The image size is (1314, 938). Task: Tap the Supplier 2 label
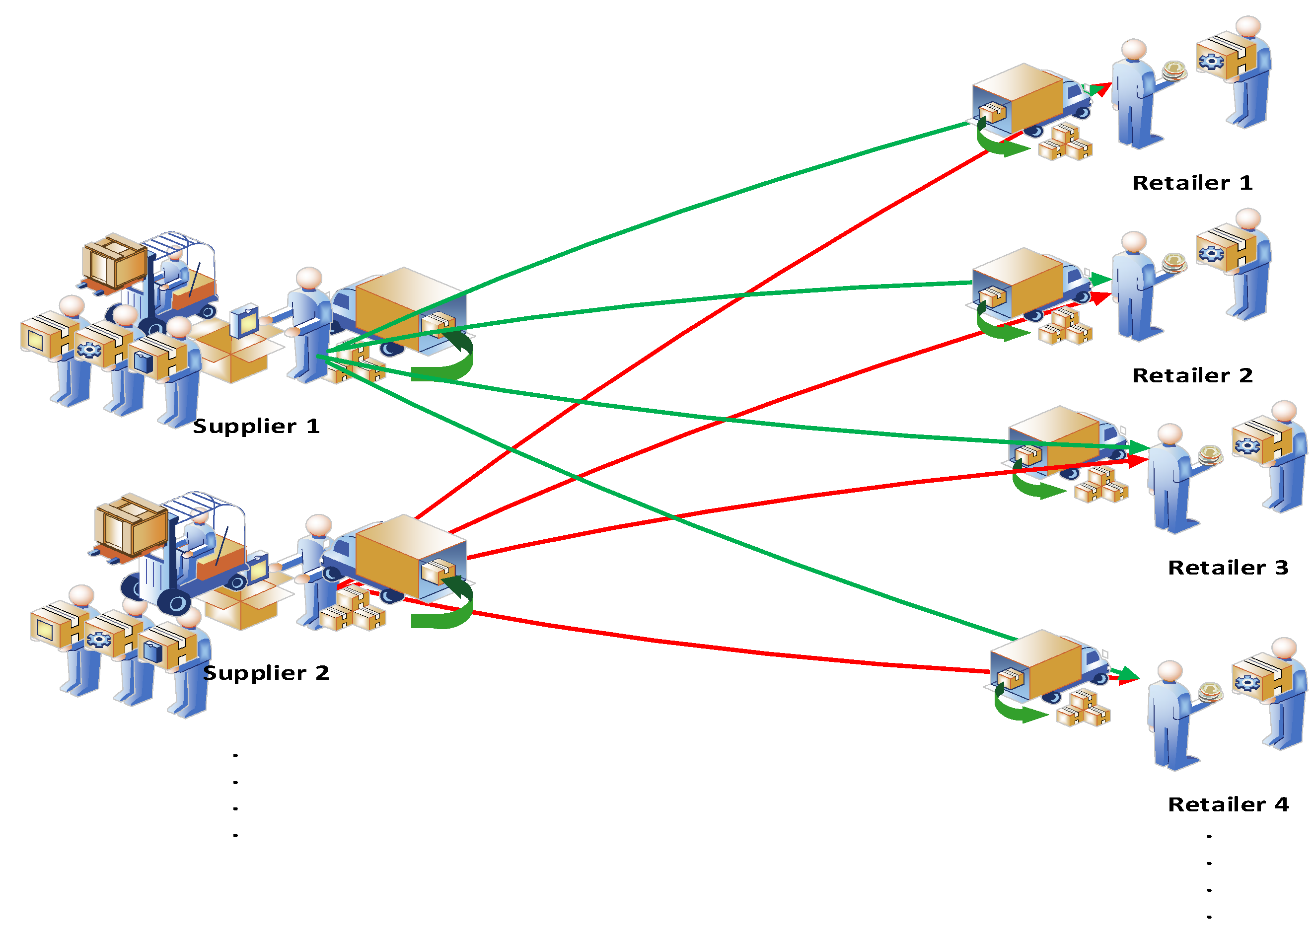pos(266,673)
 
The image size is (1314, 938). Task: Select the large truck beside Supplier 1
pos(399,312)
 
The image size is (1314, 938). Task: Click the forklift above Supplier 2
pos(191,555)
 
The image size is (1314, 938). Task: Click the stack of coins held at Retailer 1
pos(1173,71)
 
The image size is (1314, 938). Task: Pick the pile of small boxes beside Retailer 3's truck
pos(1100,485)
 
